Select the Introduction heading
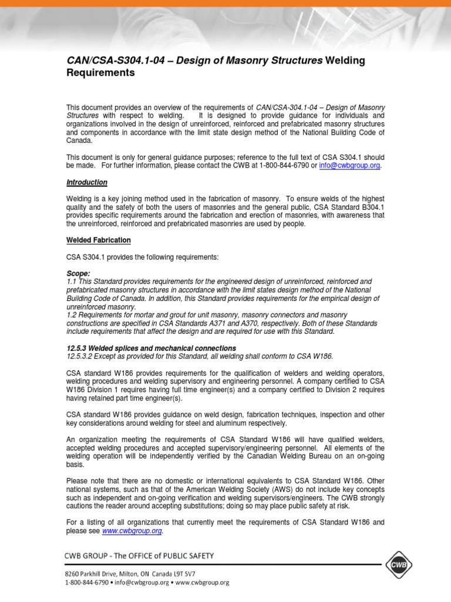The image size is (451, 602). tap(86, 182)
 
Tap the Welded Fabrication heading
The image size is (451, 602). tap(98, 240)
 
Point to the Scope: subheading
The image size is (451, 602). tap(78, 274)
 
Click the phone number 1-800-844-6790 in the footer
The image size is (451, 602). tap(87, 583)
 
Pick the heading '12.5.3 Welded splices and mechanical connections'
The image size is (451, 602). tap(151, 348)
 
